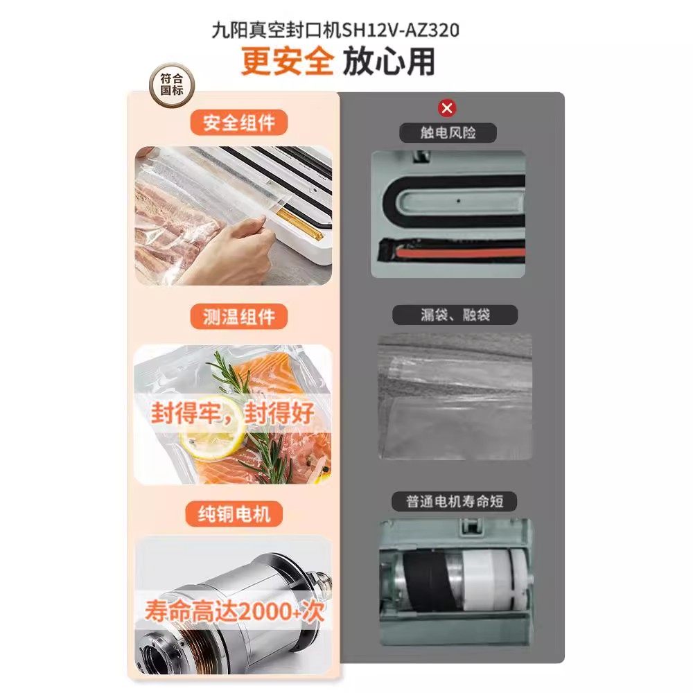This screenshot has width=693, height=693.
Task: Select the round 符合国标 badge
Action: tap(173, 85)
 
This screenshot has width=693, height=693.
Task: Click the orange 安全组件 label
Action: tap(239, 123)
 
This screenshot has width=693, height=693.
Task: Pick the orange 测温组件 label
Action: tap(239, 317)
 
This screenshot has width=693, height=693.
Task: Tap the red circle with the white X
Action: tap(448, 107)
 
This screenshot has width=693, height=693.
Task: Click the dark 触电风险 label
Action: tap(448, 132)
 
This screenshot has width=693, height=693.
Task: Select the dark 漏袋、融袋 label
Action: tap(455, 315)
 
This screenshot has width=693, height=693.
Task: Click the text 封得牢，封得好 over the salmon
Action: tap(232, 413)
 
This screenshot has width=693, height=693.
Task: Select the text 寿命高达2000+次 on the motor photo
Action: tap(234, 611)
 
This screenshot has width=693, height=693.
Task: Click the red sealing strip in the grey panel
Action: tap(457, 254)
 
